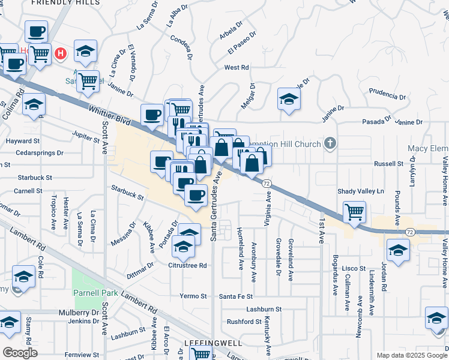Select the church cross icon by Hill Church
330,143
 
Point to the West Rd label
237,68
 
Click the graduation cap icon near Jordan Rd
397,250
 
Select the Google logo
20,352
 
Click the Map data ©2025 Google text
411,355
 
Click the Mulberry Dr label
79,313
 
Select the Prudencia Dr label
387,95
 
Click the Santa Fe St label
236,296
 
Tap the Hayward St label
22,141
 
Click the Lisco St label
352,268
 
